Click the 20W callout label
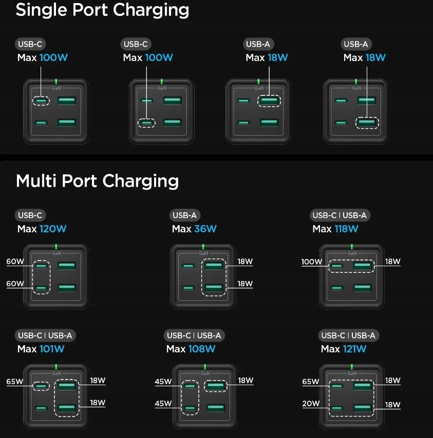pos(311,404)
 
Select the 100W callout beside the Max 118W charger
pos(311,262)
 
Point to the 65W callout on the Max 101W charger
pos(15,382)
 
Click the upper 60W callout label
pos(15,262)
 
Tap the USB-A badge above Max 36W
pos(185,215)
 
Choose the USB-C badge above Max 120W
pos(30,215)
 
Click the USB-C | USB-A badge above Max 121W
pos(348,336)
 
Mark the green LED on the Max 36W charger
pos(203,247)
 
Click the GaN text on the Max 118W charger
pos(352,253)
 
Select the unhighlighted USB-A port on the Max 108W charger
pos(215,408)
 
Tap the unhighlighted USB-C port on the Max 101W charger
pos(41,409)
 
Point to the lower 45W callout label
pos(163,404)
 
